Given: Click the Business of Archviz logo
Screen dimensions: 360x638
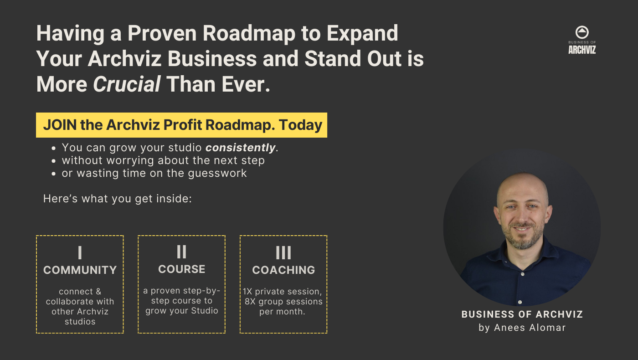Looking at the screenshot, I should coord(582,40).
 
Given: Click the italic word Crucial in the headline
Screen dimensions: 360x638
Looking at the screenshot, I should coord(127,84).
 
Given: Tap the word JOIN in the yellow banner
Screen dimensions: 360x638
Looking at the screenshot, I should coord(60,125).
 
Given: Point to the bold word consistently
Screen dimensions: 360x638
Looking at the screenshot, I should coord(240,148).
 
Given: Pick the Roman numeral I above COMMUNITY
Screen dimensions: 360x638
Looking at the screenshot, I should coord(80,253).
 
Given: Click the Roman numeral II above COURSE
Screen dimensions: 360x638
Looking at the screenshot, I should coord(181,252).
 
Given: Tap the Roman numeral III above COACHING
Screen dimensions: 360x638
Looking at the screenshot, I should coord(283,253).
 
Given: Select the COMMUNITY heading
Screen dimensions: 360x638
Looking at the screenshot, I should coord(80,270).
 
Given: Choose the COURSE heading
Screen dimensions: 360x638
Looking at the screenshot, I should coord(181,269).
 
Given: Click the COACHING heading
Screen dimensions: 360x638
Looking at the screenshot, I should coord(283,270).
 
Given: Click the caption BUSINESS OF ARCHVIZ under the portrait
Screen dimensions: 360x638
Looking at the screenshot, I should coord(522,314).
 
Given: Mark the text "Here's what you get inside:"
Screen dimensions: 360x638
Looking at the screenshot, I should coord(118,199).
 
